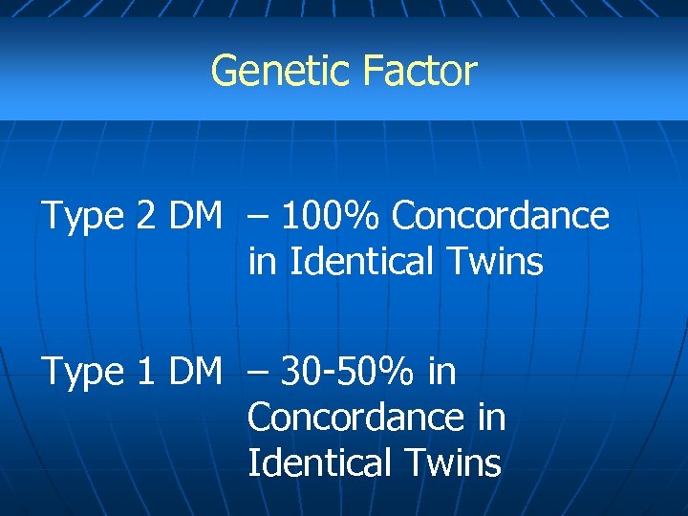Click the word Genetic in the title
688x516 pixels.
(269, 72)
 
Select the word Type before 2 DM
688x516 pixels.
(80, 218)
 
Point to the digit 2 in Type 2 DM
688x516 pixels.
(146, 217)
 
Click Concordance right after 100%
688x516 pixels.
(500, 217)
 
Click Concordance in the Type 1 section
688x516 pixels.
(355, 418)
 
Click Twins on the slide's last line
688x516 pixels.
(454, 463)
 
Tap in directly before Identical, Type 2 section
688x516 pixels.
(259, 261)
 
